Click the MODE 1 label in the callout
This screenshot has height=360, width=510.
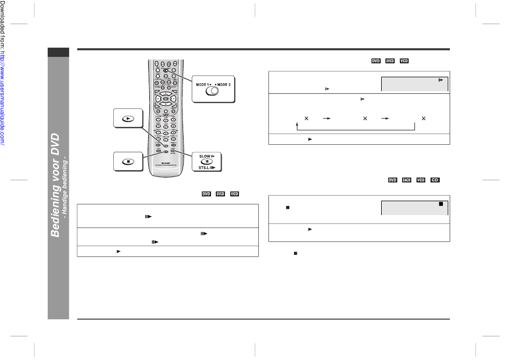[x=203, y=84]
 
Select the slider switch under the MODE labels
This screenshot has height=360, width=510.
[x=214, y=92]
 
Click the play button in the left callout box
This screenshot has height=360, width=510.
[x=128, y=119]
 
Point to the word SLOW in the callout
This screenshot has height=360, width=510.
[x=202, y=156]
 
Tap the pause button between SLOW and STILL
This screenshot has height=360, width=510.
[x=207, y=161]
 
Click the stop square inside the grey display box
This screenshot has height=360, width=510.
[x=440, y=204]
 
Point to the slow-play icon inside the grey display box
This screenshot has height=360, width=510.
[x=440, y=80]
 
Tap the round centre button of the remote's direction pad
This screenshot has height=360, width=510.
[x=166, y=99]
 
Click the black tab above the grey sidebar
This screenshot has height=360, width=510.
[x=58, y=53]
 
